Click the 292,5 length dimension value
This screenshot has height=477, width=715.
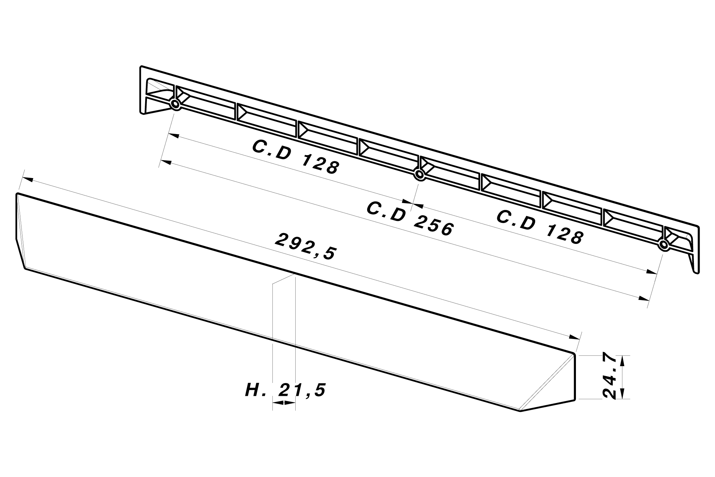pos(306,247)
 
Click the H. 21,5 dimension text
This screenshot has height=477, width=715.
pos(285,390)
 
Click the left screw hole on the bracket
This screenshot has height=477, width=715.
pos(175,104)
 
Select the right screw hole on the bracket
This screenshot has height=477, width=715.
pos(664,245)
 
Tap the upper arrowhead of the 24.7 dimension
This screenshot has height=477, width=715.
pos(622,360)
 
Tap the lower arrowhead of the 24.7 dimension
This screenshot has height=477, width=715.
pos(622,394)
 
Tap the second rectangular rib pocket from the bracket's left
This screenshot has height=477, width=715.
pos(266,116)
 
